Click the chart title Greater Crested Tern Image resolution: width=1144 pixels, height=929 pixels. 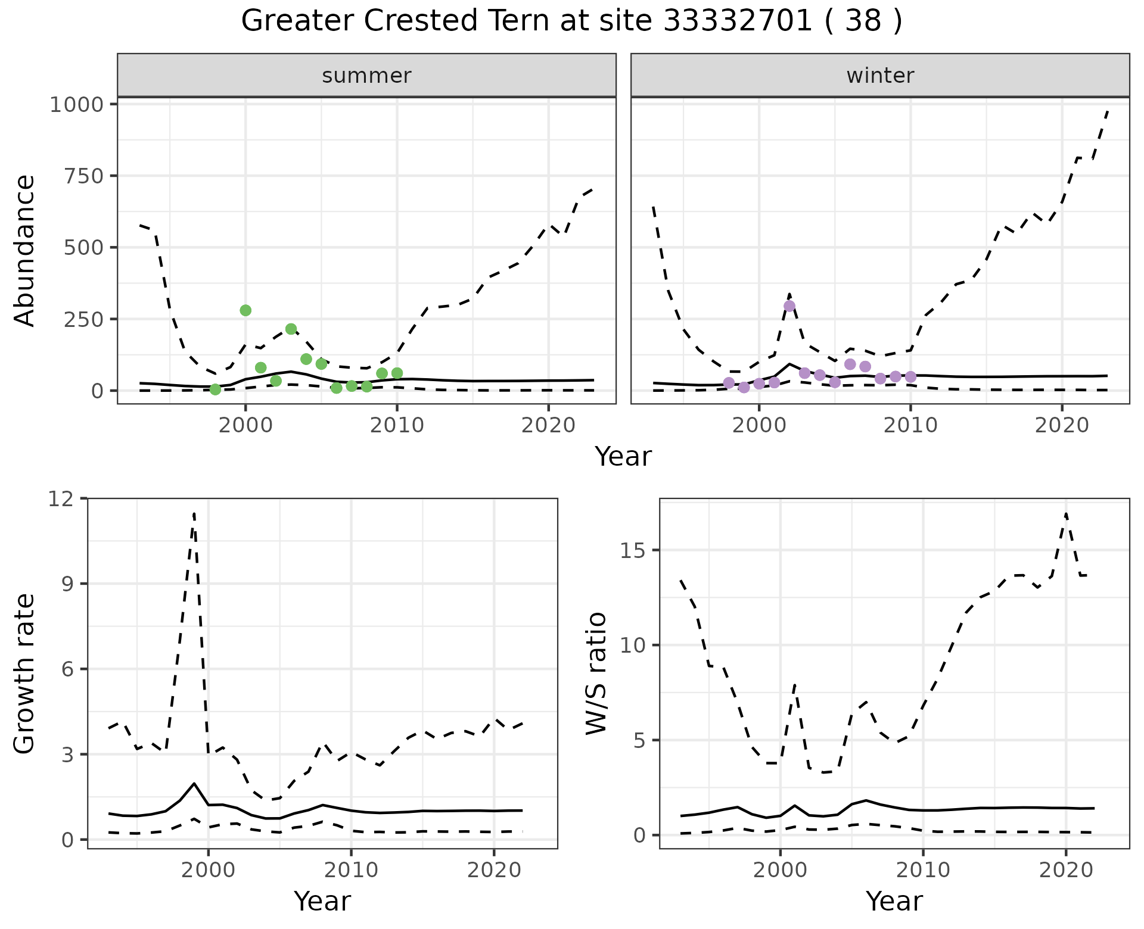[571, 21]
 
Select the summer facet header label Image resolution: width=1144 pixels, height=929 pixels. [366, 76]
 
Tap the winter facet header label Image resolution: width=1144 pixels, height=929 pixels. [880, 76]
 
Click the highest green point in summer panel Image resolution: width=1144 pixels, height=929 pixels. [245, 310]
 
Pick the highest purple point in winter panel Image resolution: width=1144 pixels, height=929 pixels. [789, 306]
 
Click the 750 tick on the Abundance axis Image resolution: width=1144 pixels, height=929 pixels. [83, 176]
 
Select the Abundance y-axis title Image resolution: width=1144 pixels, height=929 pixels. [25, 251]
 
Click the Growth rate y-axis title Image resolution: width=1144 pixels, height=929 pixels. [25, 674]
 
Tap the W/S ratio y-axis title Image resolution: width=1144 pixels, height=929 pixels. [596, 674]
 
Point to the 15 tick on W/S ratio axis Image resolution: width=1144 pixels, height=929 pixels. [635, 550]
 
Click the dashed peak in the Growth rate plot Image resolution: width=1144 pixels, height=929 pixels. [194, 513]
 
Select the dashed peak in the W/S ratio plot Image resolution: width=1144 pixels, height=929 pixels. [1065, 513]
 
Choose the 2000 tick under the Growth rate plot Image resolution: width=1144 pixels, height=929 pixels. [208, 870]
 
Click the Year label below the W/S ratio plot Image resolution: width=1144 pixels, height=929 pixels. [894, 902]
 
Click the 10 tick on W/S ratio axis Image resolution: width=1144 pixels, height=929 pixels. [635, 646]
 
